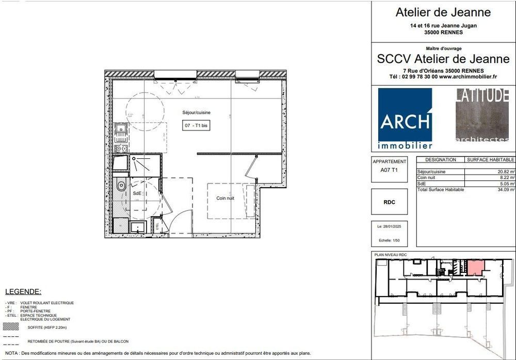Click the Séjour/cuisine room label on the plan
click(196, 112)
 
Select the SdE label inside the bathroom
click(137, 193)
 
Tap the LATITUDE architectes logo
click(482, 115)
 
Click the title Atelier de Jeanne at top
click(443, 12)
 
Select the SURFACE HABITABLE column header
click(491, 160)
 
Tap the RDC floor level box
click(390, 202)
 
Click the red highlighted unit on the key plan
click(475, 268)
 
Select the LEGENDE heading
click(23, 292)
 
